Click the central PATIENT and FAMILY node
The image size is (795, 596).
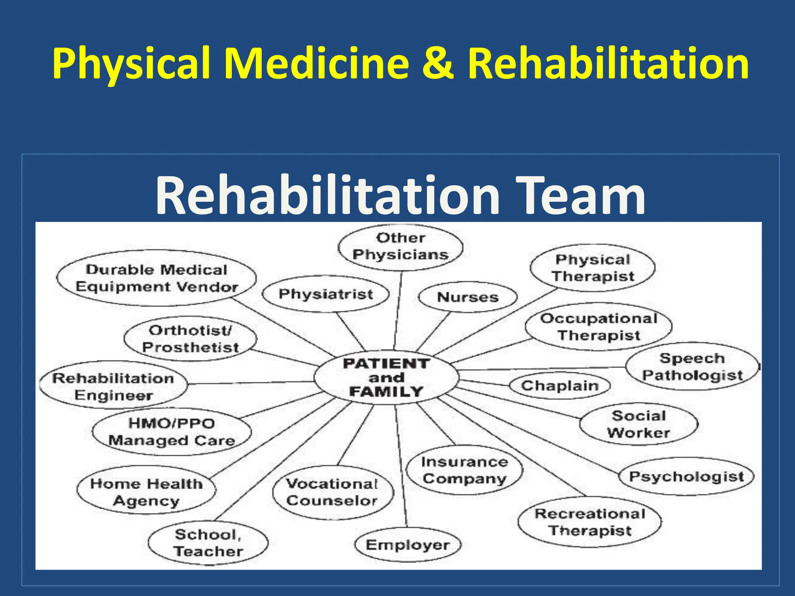pos(386,378)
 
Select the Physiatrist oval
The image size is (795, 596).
pos(326,294)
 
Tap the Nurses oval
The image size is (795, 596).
pos(468,297)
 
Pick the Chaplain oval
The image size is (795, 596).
pos(559,386)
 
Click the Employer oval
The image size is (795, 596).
pos(408,545)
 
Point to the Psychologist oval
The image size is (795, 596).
pos(686,476)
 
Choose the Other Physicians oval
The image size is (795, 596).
pos(400,247)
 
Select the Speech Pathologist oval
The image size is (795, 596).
pos(692,367)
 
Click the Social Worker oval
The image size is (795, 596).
pos(639,424)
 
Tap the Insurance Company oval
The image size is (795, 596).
pos(464,470)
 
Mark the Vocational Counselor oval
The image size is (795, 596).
pos(333,492)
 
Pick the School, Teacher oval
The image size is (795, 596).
pos(208,543)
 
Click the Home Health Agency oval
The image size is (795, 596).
pos(146,492)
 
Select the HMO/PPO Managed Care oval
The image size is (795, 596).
pos(172,432)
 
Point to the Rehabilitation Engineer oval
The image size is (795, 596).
pos(113,386)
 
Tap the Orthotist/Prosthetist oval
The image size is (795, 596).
pos(190,339)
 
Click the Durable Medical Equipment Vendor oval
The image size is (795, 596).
pos(156,278)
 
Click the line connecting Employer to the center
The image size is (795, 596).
pos(401,466)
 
